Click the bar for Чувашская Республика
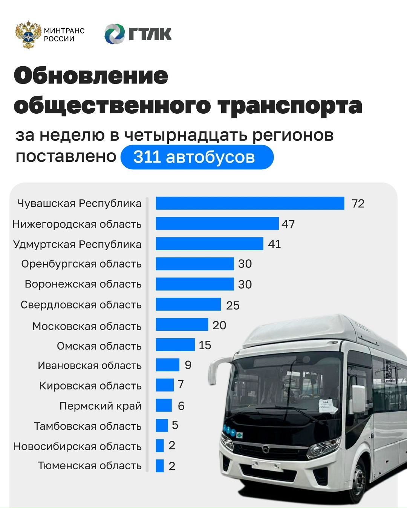click(x=250, y=203)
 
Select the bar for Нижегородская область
click(x=217, y=224)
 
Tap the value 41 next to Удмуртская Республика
click(x=274, y=244)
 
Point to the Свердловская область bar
click(x=188, y=304)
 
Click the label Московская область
click(x=87, y=326)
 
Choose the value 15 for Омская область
click(x=205, y=345)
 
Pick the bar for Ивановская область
click(x=168, y=365)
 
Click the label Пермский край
click(x=100, y=406)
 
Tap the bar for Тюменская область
click(x=160, y=465)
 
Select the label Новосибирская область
click(x=77, y=446)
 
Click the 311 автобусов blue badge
click(x=197, y=157)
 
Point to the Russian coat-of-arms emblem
click(x=28, y=35)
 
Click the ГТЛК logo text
click(x=150, y=34)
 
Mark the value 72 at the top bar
click(x=358, y=204)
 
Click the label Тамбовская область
click(x=87, y=426)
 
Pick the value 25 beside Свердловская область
click(x=233, y=305)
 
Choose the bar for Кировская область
click(x=165, y=385)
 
